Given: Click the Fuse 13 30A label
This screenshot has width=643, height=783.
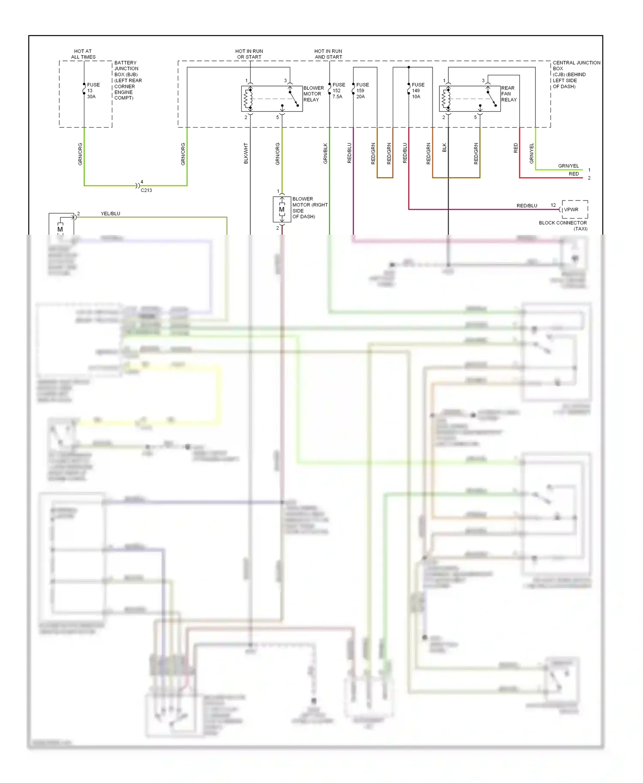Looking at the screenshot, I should pyautogui.click(x=93, y=91).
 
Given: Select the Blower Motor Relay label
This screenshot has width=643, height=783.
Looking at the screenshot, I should pyautogui.click(x=313, y=94).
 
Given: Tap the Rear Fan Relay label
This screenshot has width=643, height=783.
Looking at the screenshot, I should pyautogui.click(x=509, y=94).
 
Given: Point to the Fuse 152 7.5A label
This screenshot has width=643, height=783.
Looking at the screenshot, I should pyautogui.click(x=338, y=91).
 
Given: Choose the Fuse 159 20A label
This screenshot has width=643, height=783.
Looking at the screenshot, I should pyautogui.click(x=362, y=91).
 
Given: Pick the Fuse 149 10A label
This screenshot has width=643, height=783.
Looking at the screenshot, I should pyautogui.click(x=418, y=91).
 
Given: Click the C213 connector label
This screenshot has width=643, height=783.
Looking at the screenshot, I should pyautogui.click(x=146, y=190).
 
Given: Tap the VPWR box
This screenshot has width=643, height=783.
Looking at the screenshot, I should pyautogui.click(x=574, y=209).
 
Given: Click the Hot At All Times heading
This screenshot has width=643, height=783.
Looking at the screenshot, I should pyautogui.click(x=83, y=54).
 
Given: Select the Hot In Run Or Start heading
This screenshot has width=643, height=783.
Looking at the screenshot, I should pyautogui.click(x=249, y=54).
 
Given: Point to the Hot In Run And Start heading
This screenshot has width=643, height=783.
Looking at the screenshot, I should pyautogui.click(x=328, y=54).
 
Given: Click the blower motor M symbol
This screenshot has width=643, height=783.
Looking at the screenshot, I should pyautogui.click(x=282, y=209).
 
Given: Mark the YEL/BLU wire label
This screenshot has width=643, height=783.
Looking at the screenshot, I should pyautogui.click(x=111, y=213).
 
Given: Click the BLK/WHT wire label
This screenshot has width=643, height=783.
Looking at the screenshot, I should pyautogui.click(x=246, y=153).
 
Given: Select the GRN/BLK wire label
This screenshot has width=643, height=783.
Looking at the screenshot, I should pyautogui.click(x=325, y=153).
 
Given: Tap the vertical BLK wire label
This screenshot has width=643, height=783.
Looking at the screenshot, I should pyautogui.click(x=445, y=148).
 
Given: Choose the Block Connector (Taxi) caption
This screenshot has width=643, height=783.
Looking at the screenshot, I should pyautogui.click(x=563, y=226).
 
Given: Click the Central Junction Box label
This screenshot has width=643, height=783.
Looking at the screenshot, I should pyautogui.click(x=576, y=75).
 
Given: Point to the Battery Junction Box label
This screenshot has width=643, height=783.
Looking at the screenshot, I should pyautogui.click(x=127, y=80).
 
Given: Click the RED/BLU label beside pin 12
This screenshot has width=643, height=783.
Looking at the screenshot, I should pyautogui.click(x=527, y=206).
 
